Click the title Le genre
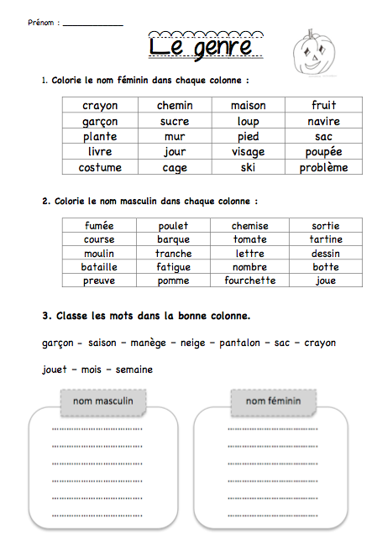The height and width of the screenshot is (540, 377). [200, 47]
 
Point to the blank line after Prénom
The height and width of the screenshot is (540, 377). [92, 24]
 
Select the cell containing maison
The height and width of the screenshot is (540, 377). [249, 106]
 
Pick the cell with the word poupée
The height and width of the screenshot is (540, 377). [323, 152]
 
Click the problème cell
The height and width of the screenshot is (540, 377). [323, 167]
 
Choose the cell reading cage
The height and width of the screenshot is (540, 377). [175, 167]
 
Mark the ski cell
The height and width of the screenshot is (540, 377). [249, 167]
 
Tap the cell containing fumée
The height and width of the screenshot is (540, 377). [100, 226]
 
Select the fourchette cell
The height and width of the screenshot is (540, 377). [250, 280]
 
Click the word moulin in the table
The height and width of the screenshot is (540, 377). [100, 254]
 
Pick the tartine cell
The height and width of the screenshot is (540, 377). [326, 239]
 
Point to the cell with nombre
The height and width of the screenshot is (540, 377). [250, 267]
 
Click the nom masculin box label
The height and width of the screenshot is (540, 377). [103, 401]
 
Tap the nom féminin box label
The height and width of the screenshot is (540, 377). [273, 401]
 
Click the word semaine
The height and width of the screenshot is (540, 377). [134, 370]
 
